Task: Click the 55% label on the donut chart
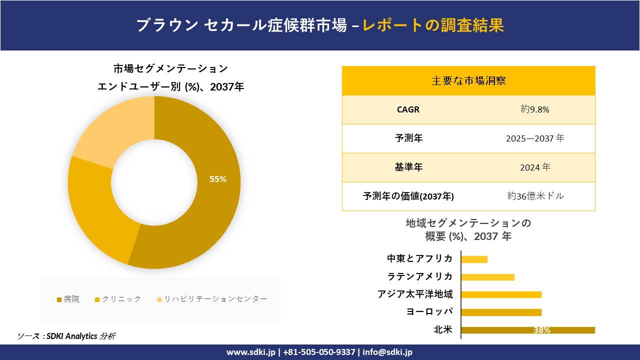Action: pyautogui.click(x=218, y=179)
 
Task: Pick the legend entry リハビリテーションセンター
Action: pyautogui.click(x=212, y=299)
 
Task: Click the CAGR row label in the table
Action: pyautogui.click(x=408, y=109)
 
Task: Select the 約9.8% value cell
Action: pyautogui.click(x=535, y=109)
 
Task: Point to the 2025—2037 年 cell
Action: pyautogui.click(x=535, y=138)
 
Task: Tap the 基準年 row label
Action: pyautogui.click(x=408, y=167)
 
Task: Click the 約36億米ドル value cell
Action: pyautogui.click(x=535, y=196)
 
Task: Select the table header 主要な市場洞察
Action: pyautogui.click(x=468, y=80)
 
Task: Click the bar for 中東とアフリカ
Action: pyautogui.click(x=474, y=259)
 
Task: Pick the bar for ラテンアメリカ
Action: pyautogui.click(x=487, y=277)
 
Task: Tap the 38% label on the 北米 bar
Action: pyautogui.click(x=541, y=330)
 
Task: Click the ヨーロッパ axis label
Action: pyautogui.click(x=429, y=312)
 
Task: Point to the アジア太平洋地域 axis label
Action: pyautogui.click(x=415, y=294)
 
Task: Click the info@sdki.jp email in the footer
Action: pyautogui.click(x=388, y=352)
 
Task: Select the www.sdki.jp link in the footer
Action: pyautogui.click(x=251, y=352)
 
